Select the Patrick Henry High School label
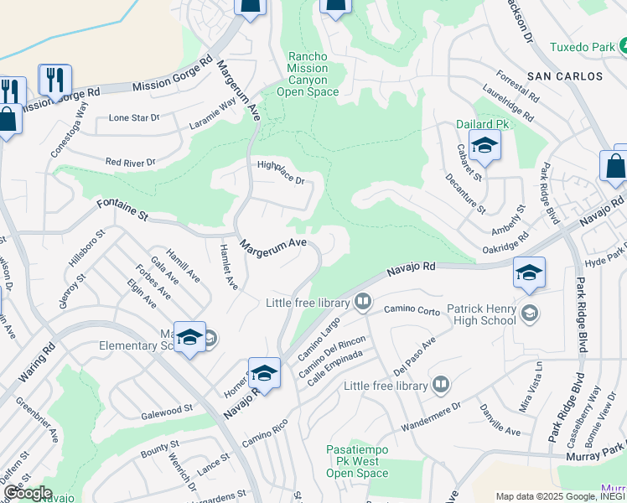(482, 314)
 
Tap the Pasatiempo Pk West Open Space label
(358, 462)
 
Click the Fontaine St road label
(122, 209)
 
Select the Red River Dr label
(130, 162)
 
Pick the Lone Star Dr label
(134, 118)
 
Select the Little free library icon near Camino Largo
(363, 300)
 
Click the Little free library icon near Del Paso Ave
(440, 385)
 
